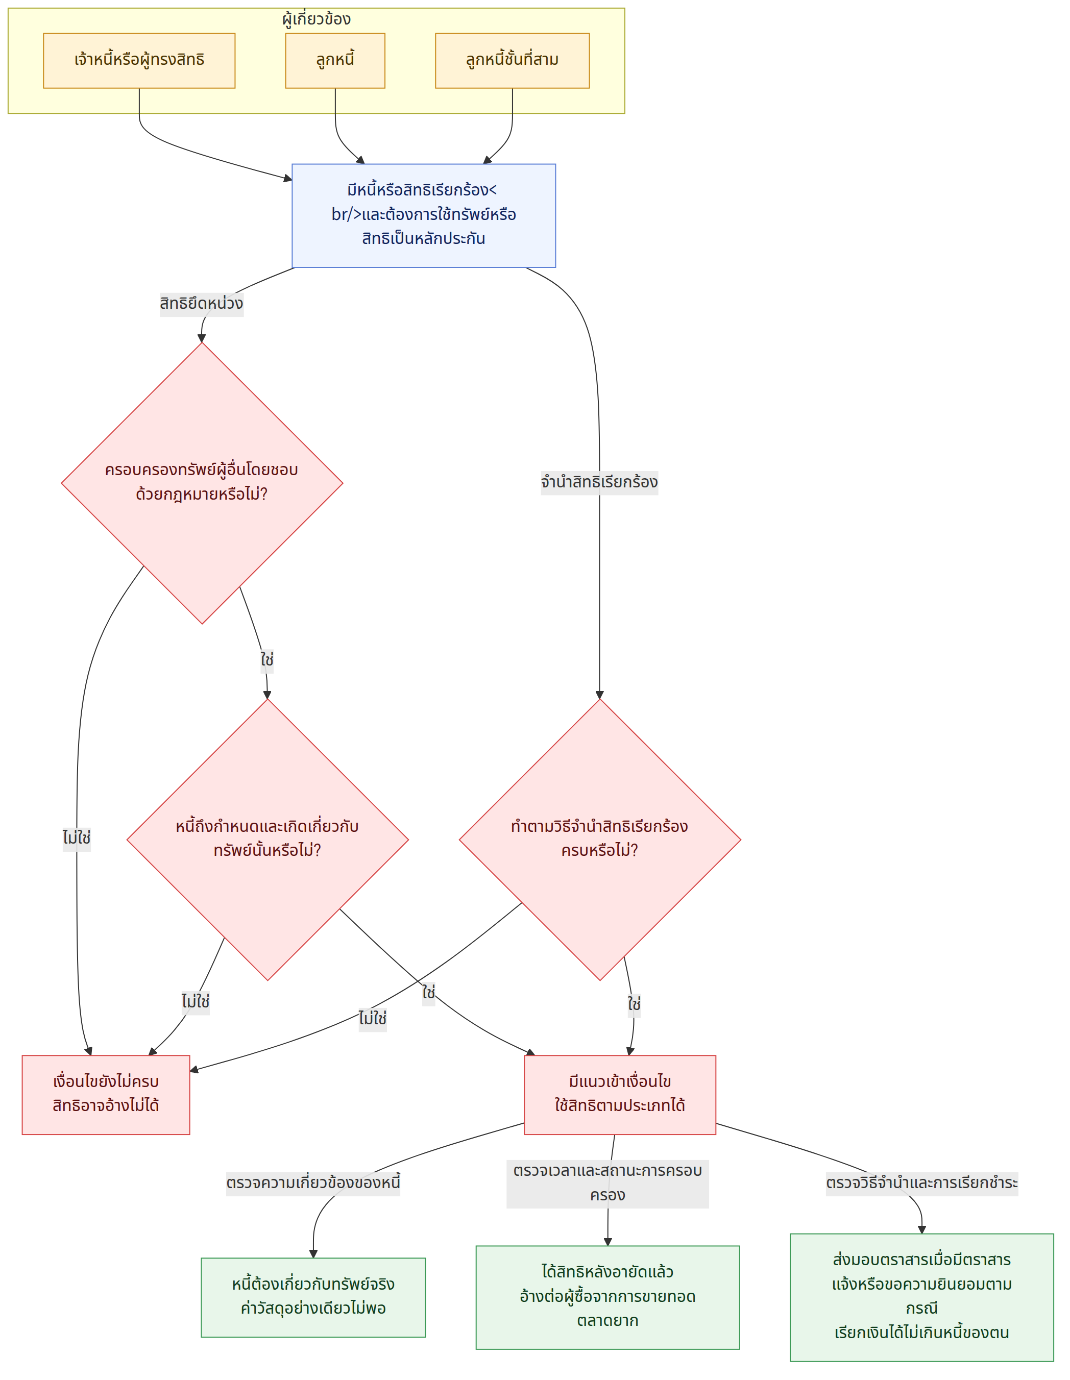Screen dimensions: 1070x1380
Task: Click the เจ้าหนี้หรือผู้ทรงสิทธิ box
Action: (139, 61)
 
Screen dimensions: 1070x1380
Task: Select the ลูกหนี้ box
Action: (335, 61)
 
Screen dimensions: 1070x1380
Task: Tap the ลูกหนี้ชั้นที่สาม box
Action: (512, 61)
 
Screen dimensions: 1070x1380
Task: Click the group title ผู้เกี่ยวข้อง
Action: (316, 19)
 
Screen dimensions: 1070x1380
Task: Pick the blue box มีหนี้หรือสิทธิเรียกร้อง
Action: (423, 215)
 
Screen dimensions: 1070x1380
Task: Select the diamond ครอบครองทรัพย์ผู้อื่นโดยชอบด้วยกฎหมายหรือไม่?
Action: (202, 483)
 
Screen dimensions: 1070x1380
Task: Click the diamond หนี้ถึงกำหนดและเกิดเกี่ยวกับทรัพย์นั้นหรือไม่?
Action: (267, 840)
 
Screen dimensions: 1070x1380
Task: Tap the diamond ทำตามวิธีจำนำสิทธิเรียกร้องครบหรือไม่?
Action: (600, 840)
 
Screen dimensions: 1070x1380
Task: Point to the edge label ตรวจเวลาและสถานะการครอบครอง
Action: (607, 1184)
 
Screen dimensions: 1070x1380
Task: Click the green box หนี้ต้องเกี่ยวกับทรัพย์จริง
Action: (313, 1297)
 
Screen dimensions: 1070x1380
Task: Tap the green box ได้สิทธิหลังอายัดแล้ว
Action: (607, 1297)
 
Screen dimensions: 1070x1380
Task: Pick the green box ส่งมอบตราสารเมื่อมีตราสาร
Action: (921, 1297)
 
